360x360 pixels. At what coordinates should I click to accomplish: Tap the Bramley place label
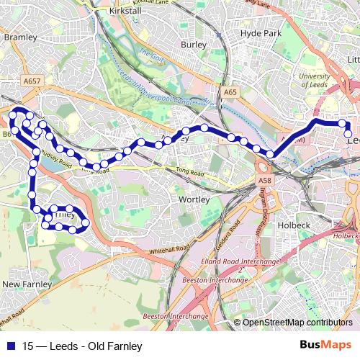coord(19,36)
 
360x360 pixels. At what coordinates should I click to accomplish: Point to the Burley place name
coord(194,45)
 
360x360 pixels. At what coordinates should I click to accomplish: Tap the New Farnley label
coord(27,284)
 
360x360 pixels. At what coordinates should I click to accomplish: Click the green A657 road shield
coord(32,82)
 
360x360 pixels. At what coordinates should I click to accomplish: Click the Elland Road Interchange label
coord(241,259)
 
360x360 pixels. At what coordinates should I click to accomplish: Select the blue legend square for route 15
coord(10,346)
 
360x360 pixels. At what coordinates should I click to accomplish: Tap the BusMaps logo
coord(326,345)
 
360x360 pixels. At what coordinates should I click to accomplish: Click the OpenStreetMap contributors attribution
coord(297,323)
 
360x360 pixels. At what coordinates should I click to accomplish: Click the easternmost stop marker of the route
coord(348,133)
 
